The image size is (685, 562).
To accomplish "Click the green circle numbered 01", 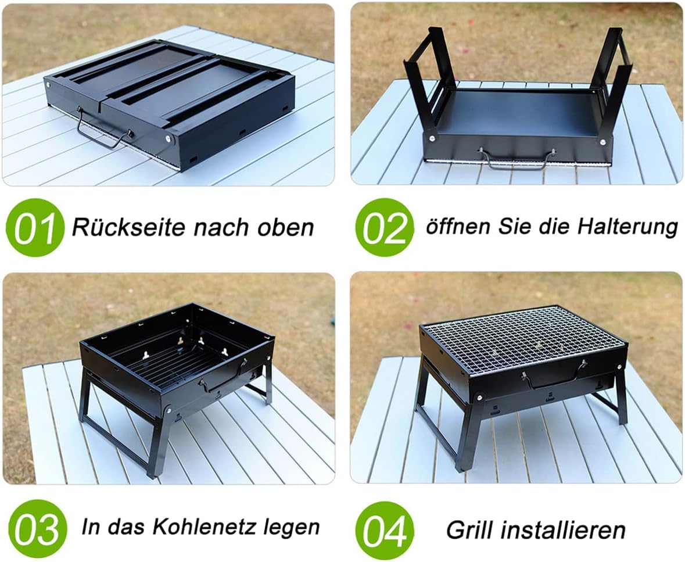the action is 34,227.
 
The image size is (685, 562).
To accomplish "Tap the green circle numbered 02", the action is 384,227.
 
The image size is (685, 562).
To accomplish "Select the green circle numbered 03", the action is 38,528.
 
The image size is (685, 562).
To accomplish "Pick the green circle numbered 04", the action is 384,529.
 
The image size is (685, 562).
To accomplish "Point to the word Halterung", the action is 627,227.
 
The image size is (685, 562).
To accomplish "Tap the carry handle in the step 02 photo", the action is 517,159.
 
